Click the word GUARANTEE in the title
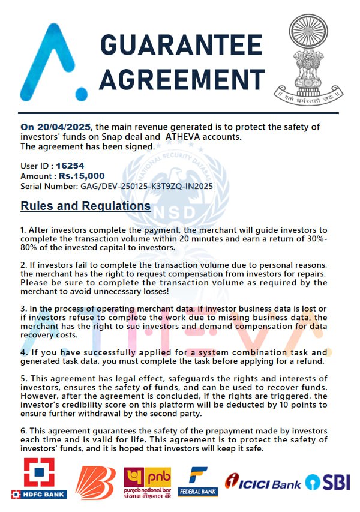(181, 46)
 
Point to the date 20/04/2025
(64, 127)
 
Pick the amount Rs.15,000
(82, 176)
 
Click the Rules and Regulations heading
(86, 206)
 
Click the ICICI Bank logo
(263, 482)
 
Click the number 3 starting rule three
(23, 307)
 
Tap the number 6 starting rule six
(23, 431)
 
